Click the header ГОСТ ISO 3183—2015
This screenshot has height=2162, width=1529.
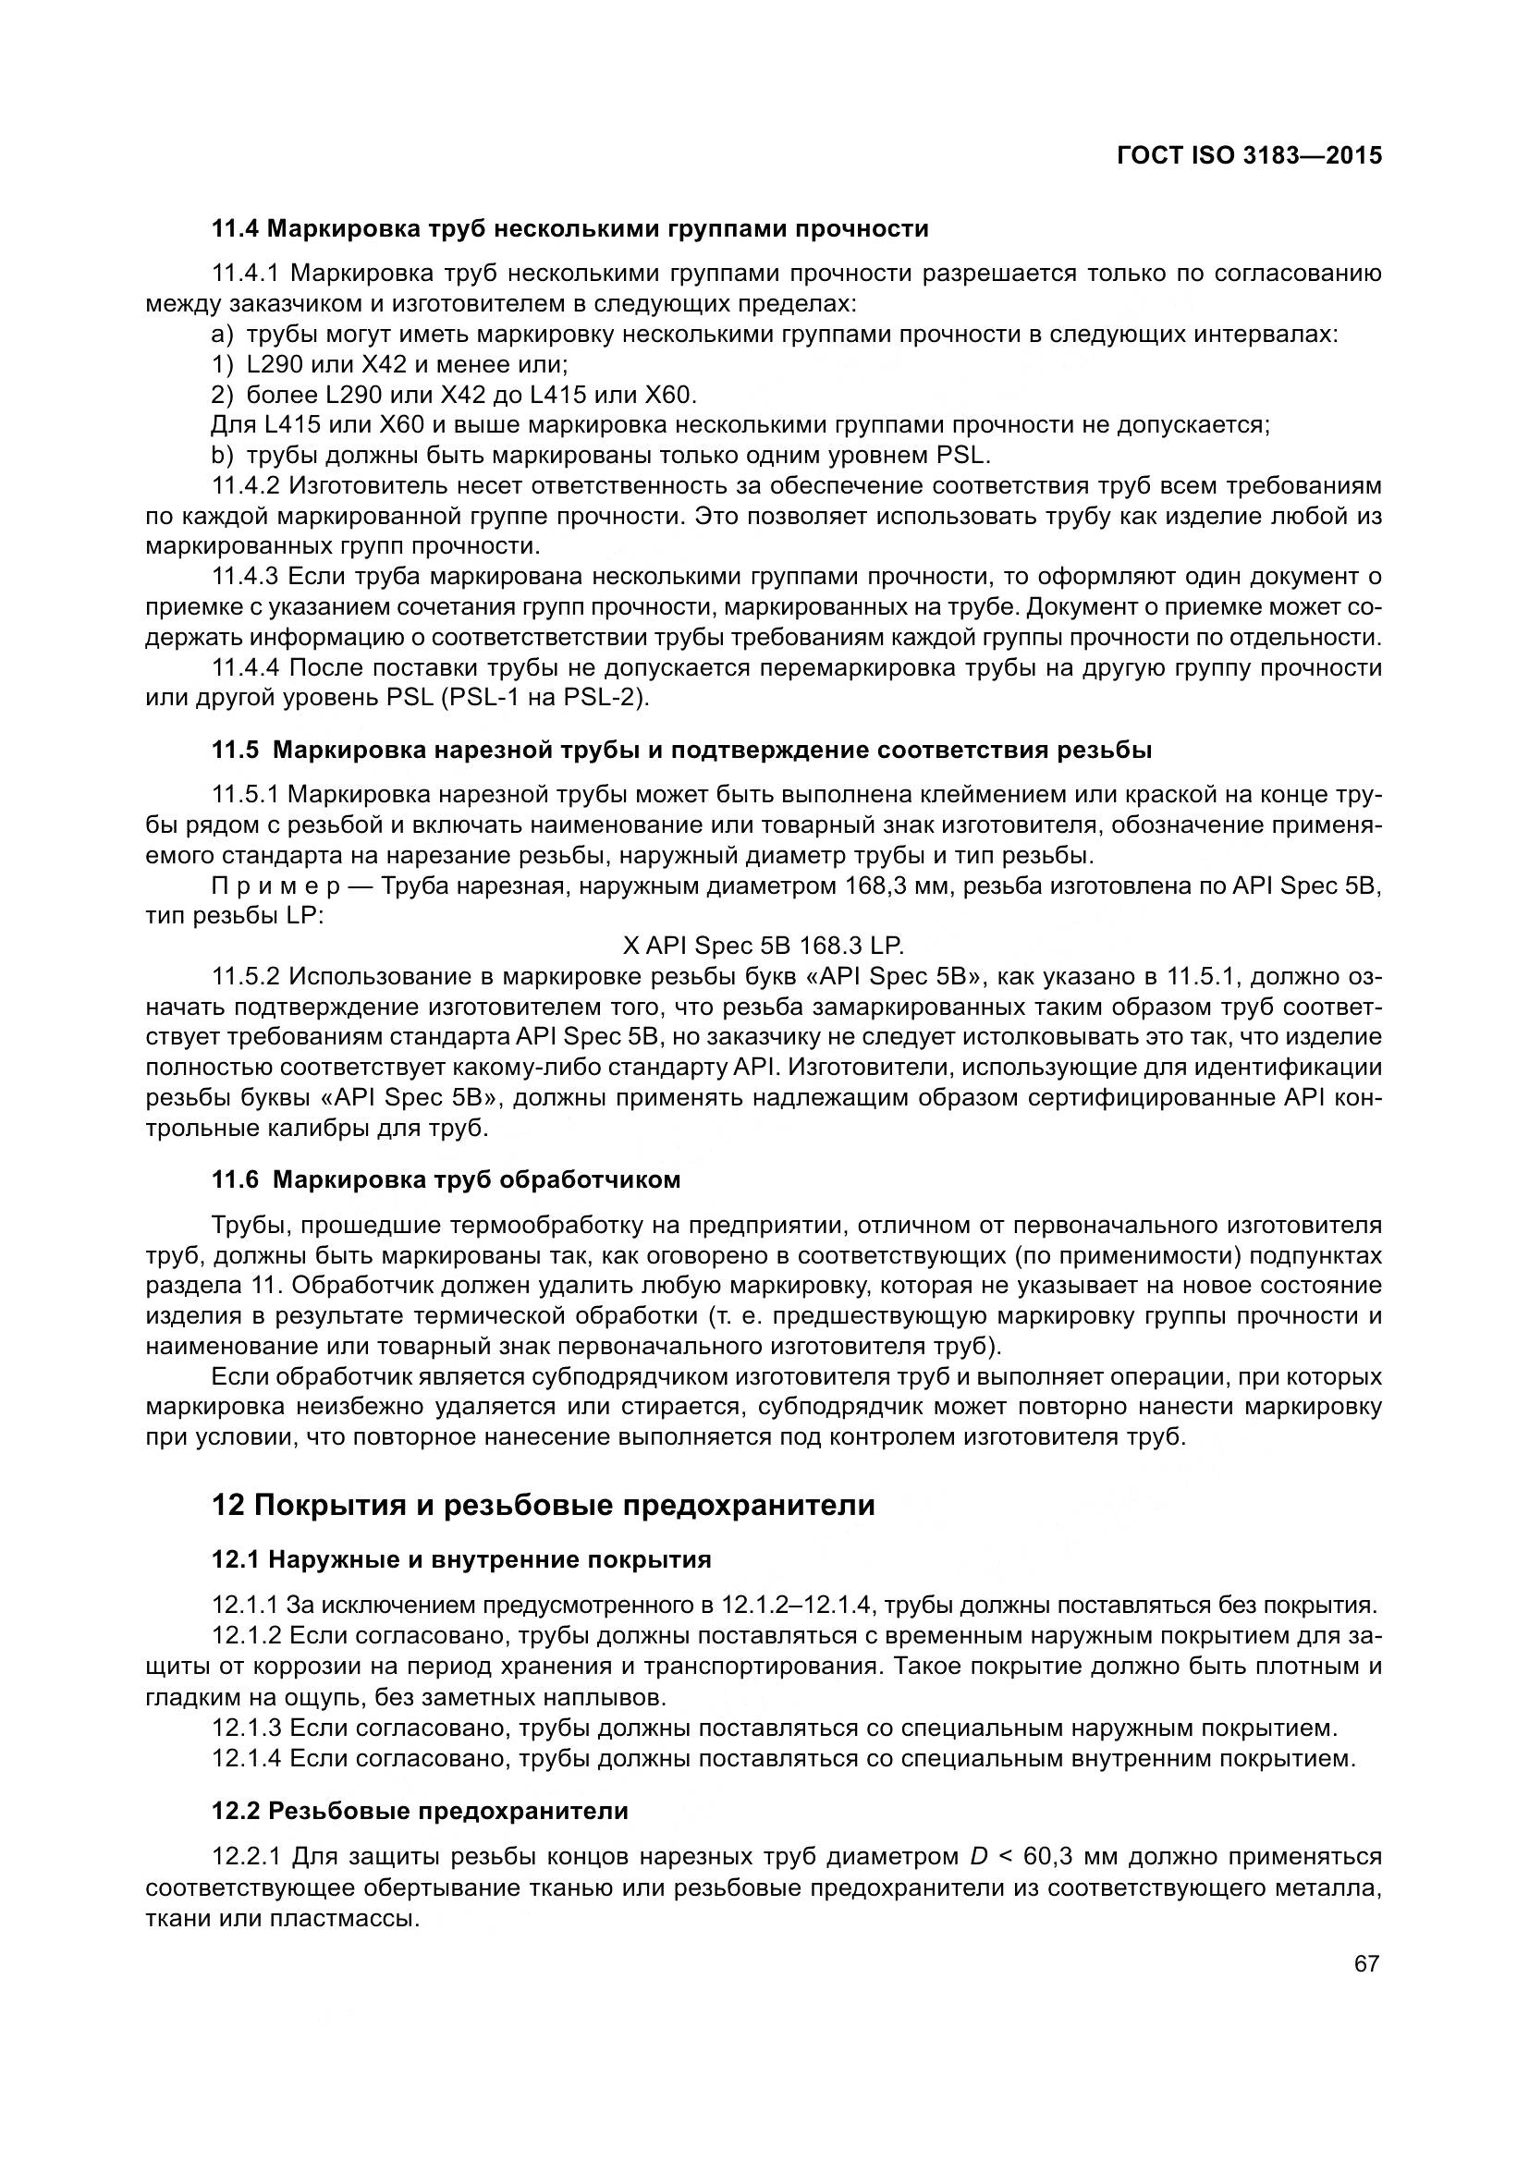1250,155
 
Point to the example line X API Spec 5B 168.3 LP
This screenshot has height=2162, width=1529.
764,946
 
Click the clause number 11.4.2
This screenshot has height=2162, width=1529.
246,486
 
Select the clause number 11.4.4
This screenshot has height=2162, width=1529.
246,667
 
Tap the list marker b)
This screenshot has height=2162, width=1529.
222,456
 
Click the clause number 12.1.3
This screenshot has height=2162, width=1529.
246,1728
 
